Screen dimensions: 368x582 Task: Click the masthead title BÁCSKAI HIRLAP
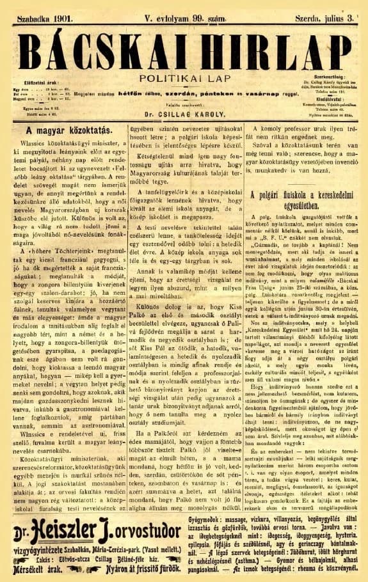tap(184, 47)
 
